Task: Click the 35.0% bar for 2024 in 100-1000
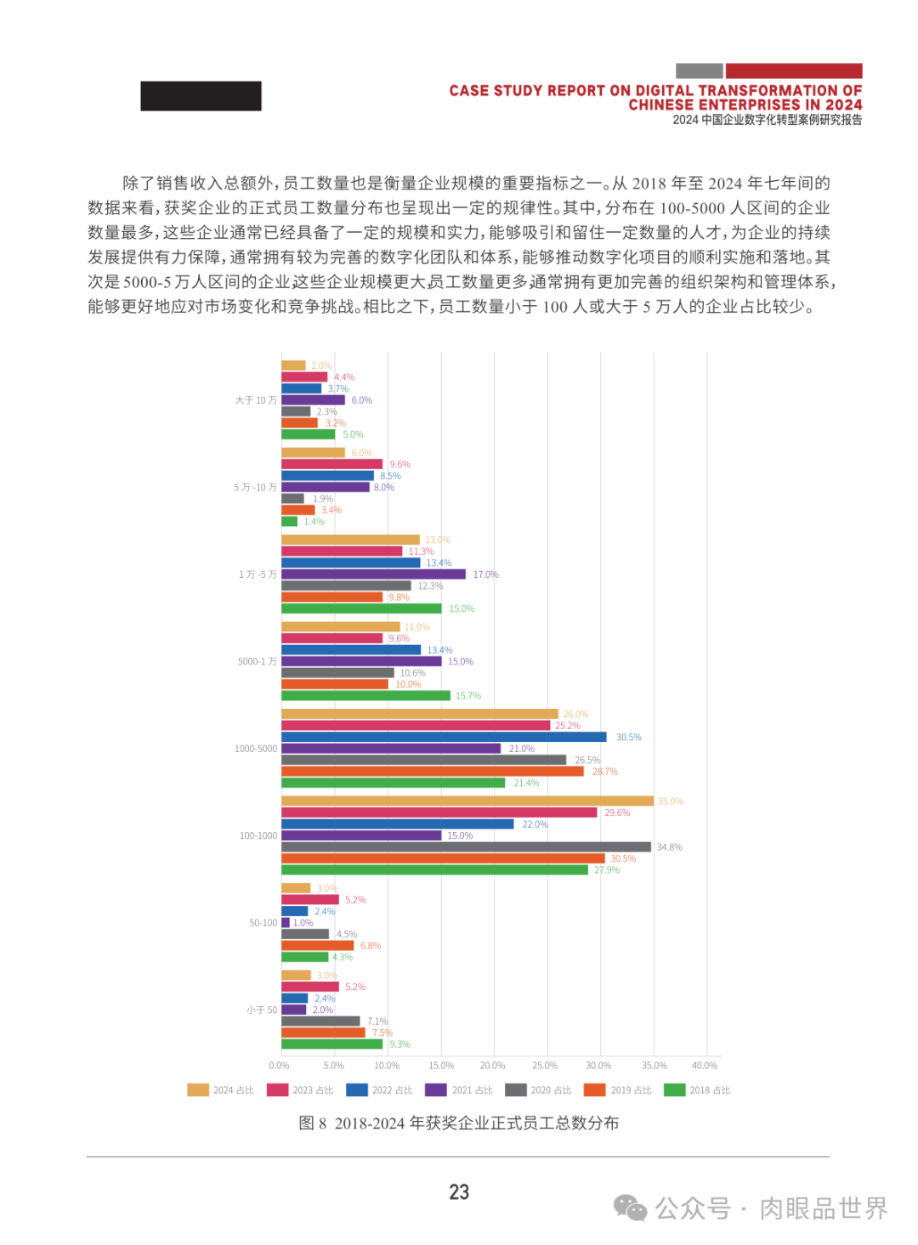pyautogui.click(x=467, y=801)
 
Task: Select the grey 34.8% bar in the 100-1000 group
pyautogui.click(x=466, y=847)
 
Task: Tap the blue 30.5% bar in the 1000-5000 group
pyautogui.click(x=444, y=737)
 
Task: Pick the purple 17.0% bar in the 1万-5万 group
pyautogui.click(x=373, y=574)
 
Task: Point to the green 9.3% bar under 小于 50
pyautogui.click(x=331, y=1044)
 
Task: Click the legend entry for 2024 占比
pyautogui.click(x=221, y=1090)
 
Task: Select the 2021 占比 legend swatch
pyautogui.click(x=436, y=1090)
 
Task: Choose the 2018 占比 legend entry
pyautogui.click(x=697, y=1090)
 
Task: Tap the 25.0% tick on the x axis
pyautogui.click(x=545, y=1066)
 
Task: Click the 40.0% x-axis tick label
pyautogui.click(x=705, y=1066)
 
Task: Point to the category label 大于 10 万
pyautogui.click(x=256, y=400)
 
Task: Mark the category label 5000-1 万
pyautogui.click(x=257, y=661)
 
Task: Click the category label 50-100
pyautogui.click(x=263, y=923)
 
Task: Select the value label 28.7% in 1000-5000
pyautogui.click(x=605, y=772)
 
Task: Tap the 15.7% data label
pyautogui.click(x=468, y=696)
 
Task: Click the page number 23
pyautogui.click(x=459, y=1192)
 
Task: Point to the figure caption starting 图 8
pyautogui.click(x=459, y=1123)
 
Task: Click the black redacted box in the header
pyautogui.click(x=201, y=96)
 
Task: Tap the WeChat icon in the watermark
pyautogui.click(x=630, y=1208)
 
